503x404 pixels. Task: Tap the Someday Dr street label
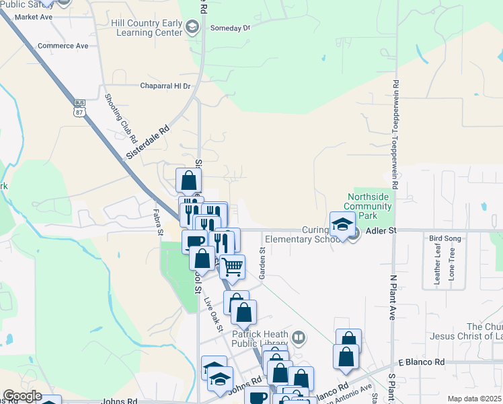pos(230,28)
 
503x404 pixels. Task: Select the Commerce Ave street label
pos(63,46)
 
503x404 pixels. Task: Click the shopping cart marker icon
pos(232,267)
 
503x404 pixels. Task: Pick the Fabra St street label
pos(161,223)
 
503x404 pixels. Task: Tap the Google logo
pos(22,397)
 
